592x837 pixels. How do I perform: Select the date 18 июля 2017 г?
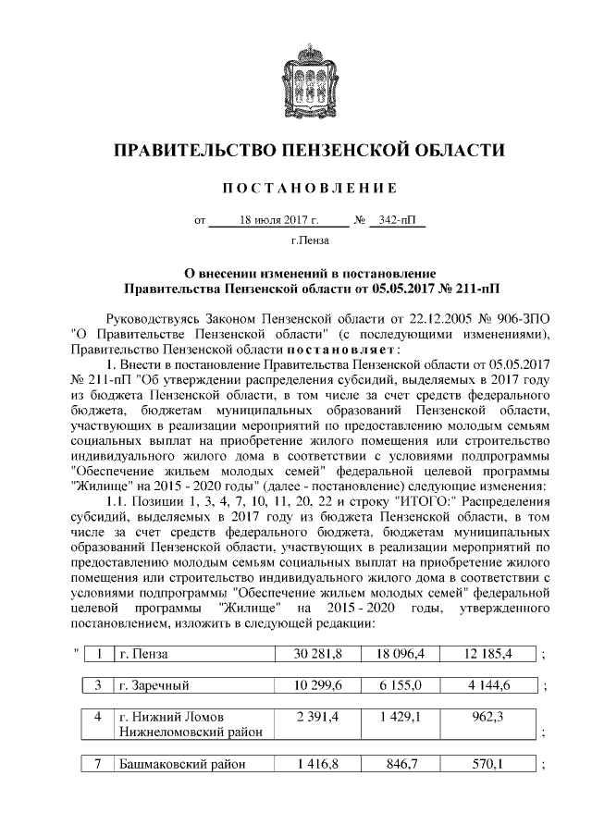pos(277,222)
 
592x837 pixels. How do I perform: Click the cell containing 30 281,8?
pos(318,655)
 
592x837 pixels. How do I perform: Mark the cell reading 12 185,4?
pos(490,655)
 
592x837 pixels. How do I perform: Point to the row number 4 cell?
pos(97,717)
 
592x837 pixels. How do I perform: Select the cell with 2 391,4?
pos(318,717)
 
